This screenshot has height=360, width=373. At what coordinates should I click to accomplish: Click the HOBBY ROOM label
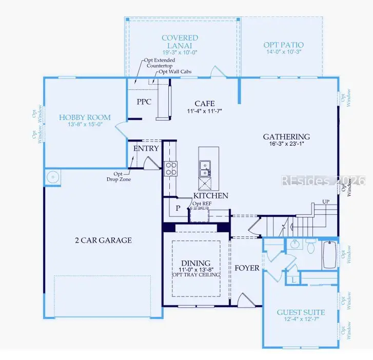[85, 117]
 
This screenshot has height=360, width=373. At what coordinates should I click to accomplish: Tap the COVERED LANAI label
[180, 42]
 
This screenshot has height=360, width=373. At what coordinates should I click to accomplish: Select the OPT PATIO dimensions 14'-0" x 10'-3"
[284, 52]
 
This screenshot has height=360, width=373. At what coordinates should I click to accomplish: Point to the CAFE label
[205, 104]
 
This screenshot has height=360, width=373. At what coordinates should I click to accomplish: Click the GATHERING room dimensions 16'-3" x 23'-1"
[287, 144]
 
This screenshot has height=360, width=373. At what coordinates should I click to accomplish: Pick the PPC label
[144, 102]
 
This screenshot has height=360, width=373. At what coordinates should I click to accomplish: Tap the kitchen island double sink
[205, 169]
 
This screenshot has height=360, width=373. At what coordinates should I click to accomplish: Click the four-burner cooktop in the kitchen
[170, 169]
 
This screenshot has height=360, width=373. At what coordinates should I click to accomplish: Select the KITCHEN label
[211, 195]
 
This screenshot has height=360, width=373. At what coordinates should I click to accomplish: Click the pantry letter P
[178, 208]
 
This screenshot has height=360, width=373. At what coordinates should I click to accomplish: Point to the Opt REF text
[202, 204]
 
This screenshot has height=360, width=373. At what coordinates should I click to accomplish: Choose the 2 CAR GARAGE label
[104, 240]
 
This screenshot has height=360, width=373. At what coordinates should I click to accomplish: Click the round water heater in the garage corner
[53, 177]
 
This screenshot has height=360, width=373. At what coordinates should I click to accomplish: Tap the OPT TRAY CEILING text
[196, 275]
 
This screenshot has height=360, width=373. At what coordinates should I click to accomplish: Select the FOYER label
[247, 268]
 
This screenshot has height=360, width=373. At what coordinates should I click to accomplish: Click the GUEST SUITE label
[301, 312]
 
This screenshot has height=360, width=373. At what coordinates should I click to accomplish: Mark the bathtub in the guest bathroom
[330, 255]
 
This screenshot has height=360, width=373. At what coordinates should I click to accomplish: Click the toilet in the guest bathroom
[311, 246]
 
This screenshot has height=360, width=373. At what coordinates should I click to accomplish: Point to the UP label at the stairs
[326, 202]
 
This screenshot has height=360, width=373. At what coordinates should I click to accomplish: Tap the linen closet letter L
[294, 280]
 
